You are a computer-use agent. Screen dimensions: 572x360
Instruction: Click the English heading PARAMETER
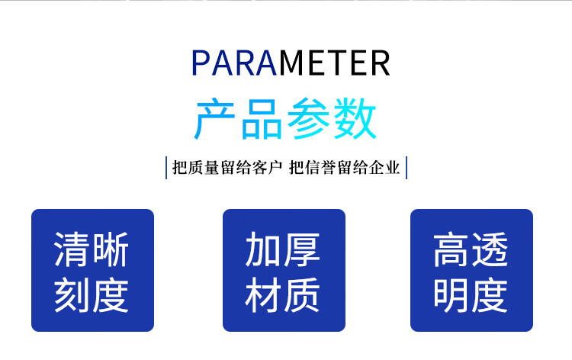[291, 63]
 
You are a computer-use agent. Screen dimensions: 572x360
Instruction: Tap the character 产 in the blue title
[214, 118]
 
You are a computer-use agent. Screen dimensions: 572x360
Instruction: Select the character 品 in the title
[262, 118]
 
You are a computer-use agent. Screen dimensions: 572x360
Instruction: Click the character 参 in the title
[309, 118]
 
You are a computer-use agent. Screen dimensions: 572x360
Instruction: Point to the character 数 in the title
[355, 118]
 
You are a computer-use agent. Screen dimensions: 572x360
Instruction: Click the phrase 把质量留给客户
[227, 168]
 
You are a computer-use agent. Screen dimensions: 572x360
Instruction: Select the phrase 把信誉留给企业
[345, 168]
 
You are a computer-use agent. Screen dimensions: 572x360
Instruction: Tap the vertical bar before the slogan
[166, 168]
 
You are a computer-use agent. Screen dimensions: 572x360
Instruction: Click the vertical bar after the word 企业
[407, 168]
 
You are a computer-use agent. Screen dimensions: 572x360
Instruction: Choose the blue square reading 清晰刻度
[92, 270]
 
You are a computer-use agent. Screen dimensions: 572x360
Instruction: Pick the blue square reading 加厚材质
[284, 270]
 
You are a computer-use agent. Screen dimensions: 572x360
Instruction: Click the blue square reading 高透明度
[471, 270]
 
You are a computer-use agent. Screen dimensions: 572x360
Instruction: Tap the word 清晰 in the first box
[92, 249]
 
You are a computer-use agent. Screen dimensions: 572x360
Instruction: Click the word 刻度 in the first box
[92, 295]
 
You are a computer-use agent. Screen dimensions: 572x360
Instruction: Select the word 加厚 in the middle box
[282, 249]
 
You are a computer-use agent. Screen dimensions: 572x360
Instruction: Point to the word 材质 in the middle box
[282, 295]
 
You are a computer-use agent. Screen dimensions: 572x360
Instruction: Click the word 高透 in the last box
[471, 249]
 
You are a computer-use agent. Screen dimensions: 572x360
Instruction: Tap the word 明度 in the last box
[471, 295]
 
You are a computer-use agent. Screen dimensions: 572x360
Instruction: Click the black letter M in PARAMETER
[293, 63]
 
